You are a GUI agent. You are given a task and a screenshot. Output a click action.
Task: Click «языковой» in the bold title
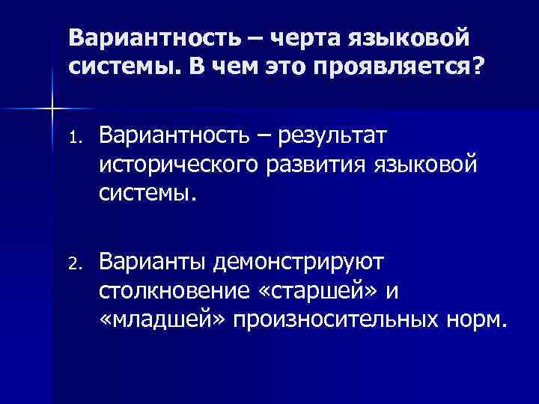(418, 37)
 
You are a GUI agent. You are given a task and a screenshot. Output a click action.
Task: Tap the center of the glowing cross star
(52, 109)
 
